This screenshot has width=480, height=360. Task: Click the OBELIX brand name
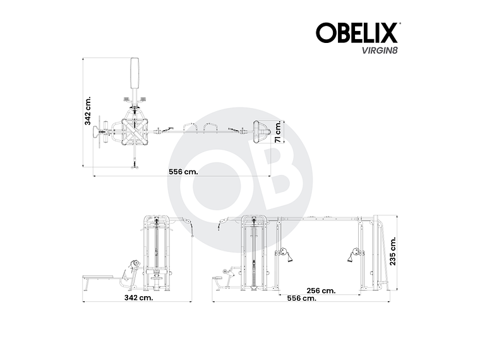coord(357,32)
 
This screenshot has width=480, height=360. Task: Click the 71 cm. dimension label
coord(279,133)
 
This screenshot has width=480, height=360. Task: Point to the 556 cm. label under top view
coord(181,171)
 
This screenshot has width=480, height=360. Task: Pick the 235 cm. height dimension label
coord(393,252)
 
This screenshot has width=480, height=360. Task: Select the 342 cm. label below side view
coord(138,297)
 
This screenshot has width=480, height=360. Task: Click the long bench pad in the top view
coord(135,74)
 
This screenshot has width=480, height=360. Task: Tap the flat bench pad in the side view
coord(100,277)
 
